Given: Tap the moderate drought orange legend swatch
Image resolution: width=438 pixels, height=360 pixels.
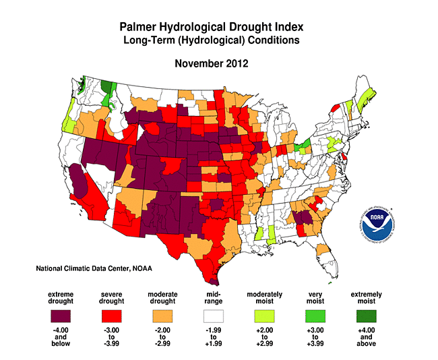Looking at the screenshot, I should [x=162, y=313].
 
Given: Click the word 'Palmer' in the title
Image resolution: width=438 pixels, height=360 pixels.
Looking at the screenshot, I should [x=139, y=27].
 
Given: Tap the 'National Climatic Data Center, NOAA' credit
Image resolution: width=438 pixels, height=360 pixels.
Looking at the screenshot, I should [x=94, y=268].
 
